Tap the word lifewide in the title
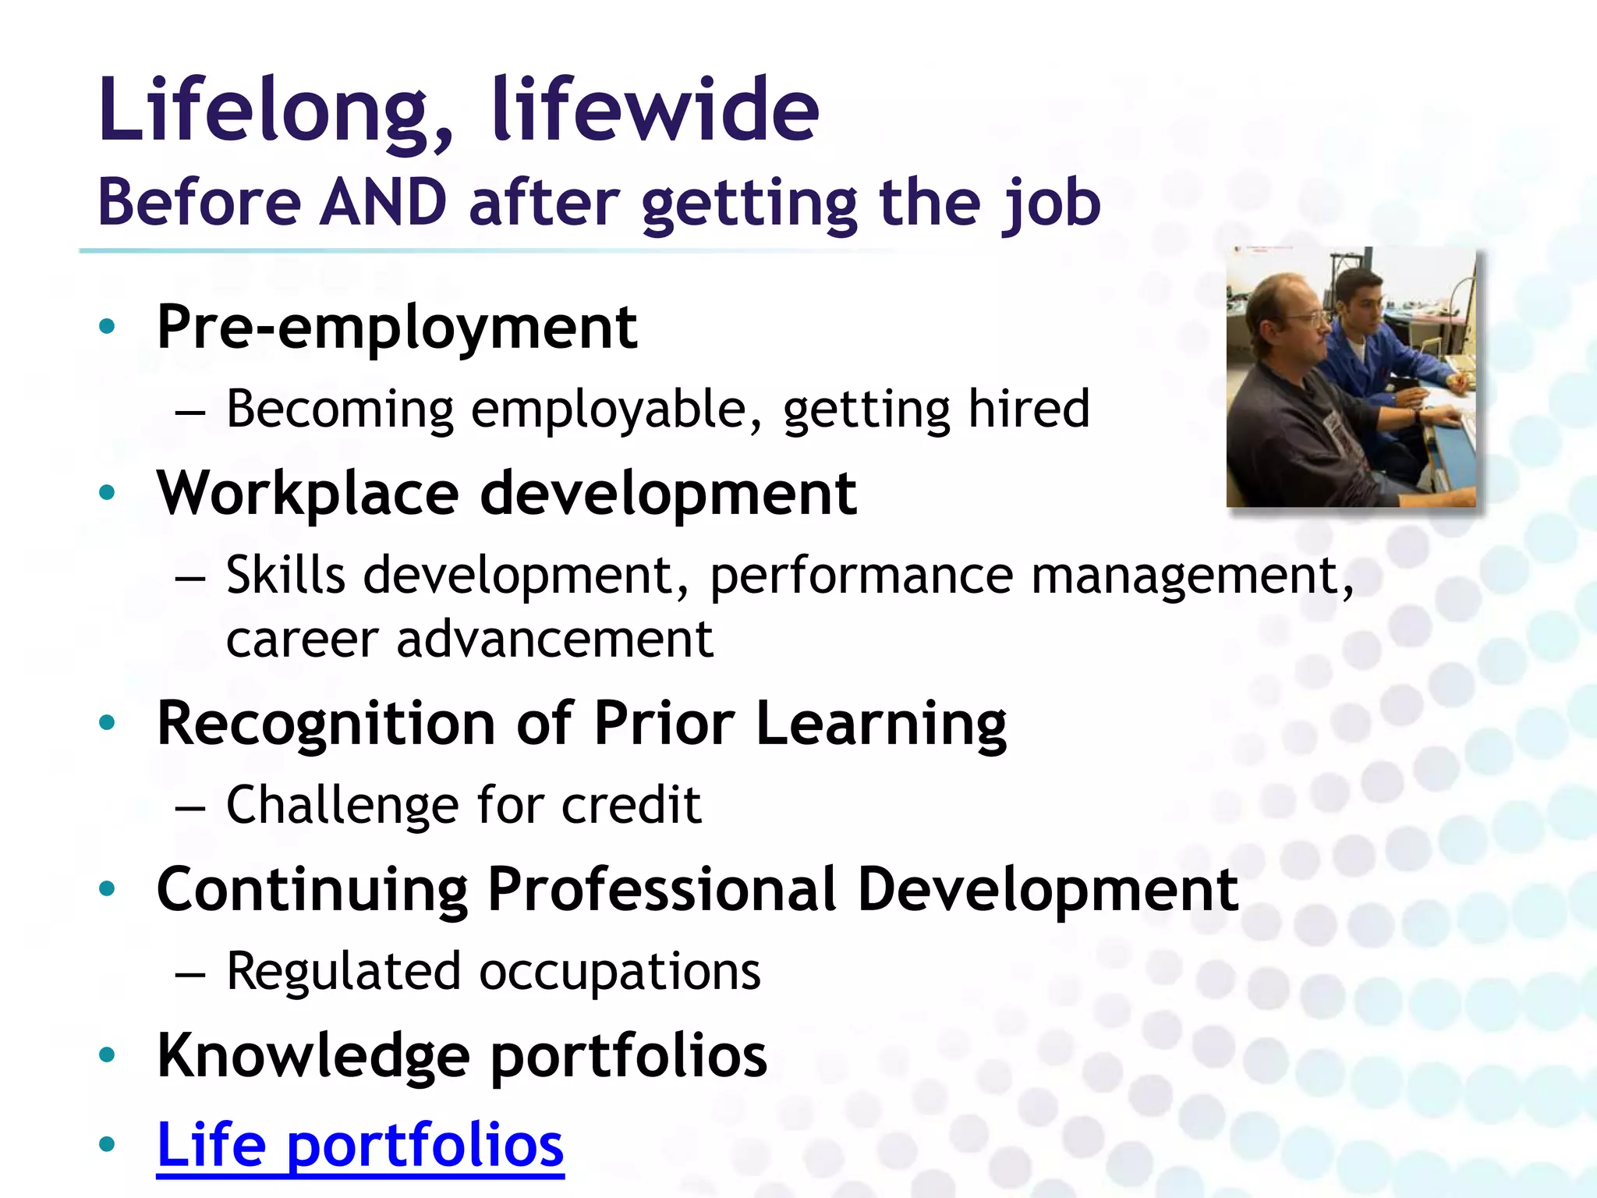point(655,111)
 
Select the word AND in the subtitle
point(384,203)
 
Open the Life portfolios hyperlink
point(360,1145)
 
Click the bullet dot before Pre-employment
point(108,326)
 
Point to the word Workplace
point(308,494)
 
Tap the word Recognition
point(326,724)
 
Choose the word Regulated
point(343,972)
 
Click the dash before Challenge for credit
point(190,808)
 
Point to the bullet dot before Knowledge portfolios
point(108,1055)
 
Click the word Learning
point(881,724)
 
